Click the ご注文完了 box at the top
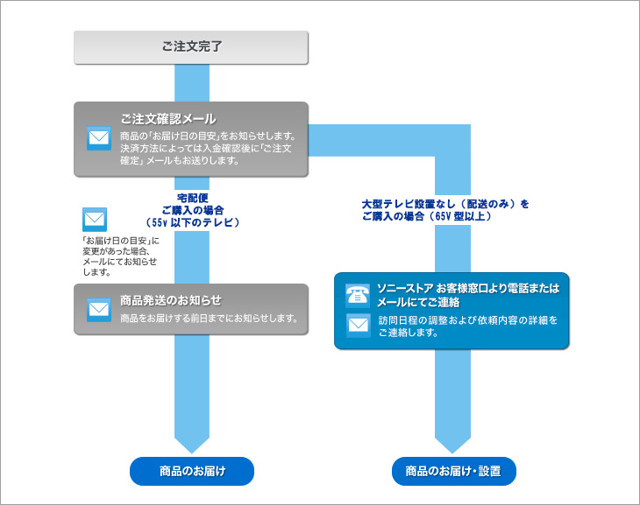191,47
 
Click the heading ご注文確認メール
167,118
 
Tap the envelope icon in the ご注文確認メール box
99,138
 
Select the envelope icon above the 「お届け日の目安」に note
94,219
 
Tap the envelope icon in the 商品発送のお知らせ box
99,309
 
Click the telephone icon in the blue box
358,295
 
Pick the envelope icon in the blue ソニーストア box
358,326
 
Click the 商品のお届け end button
192,472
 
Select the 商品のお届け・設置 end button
453,472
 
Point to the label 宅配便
192,198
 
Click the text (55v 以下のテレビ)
192,223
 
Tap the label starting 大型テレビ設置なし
444,204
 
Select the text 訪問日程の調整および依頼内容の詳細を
467,320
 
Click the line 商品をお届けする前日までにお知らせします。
210,318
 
